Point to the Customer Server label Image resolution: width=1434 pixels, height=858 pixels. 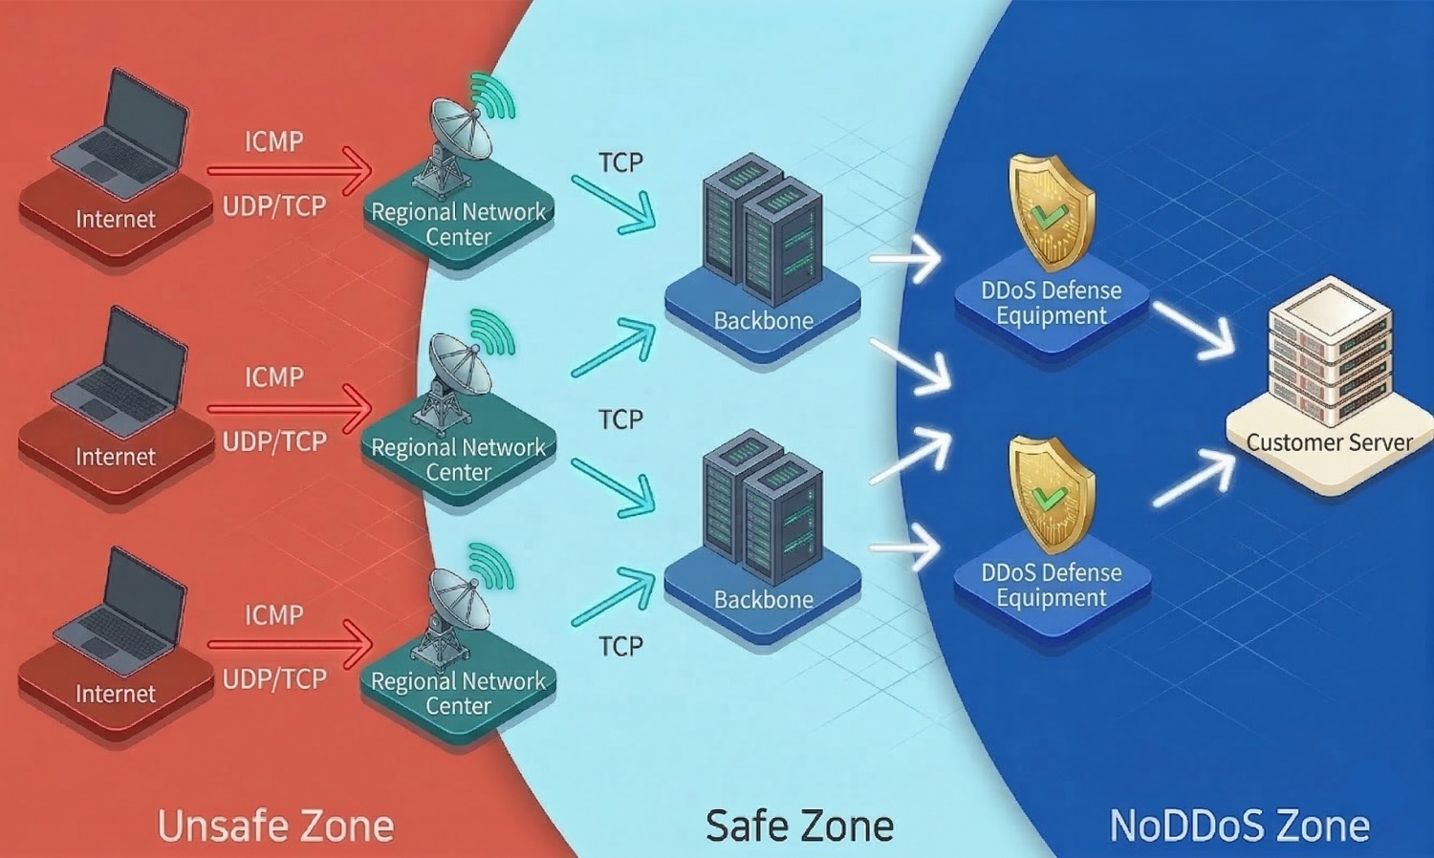1329,442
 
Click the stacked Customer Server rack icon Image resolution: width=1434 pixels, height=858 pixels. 1329,354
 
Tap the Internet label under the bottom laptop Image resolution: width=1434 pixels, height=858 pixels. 116,694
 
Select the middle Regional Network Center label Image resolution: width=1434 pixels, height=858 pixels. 458,460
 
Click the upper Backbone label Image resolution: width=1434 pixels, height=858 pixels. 763,321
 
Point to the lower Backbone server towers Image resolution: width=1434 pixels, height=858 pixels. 763,506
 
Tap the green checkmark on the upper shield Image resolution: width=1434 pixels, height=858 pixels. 1049,214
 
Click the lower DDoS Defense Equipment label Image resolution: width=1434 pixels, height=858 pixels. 1052,585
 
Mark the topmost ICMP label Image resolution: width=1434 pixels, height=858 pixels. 273,141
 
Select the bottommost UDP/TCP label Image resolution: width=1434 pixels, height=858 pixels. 274,678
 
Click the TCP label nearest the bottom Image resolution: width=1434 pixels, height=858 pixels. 621,647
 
